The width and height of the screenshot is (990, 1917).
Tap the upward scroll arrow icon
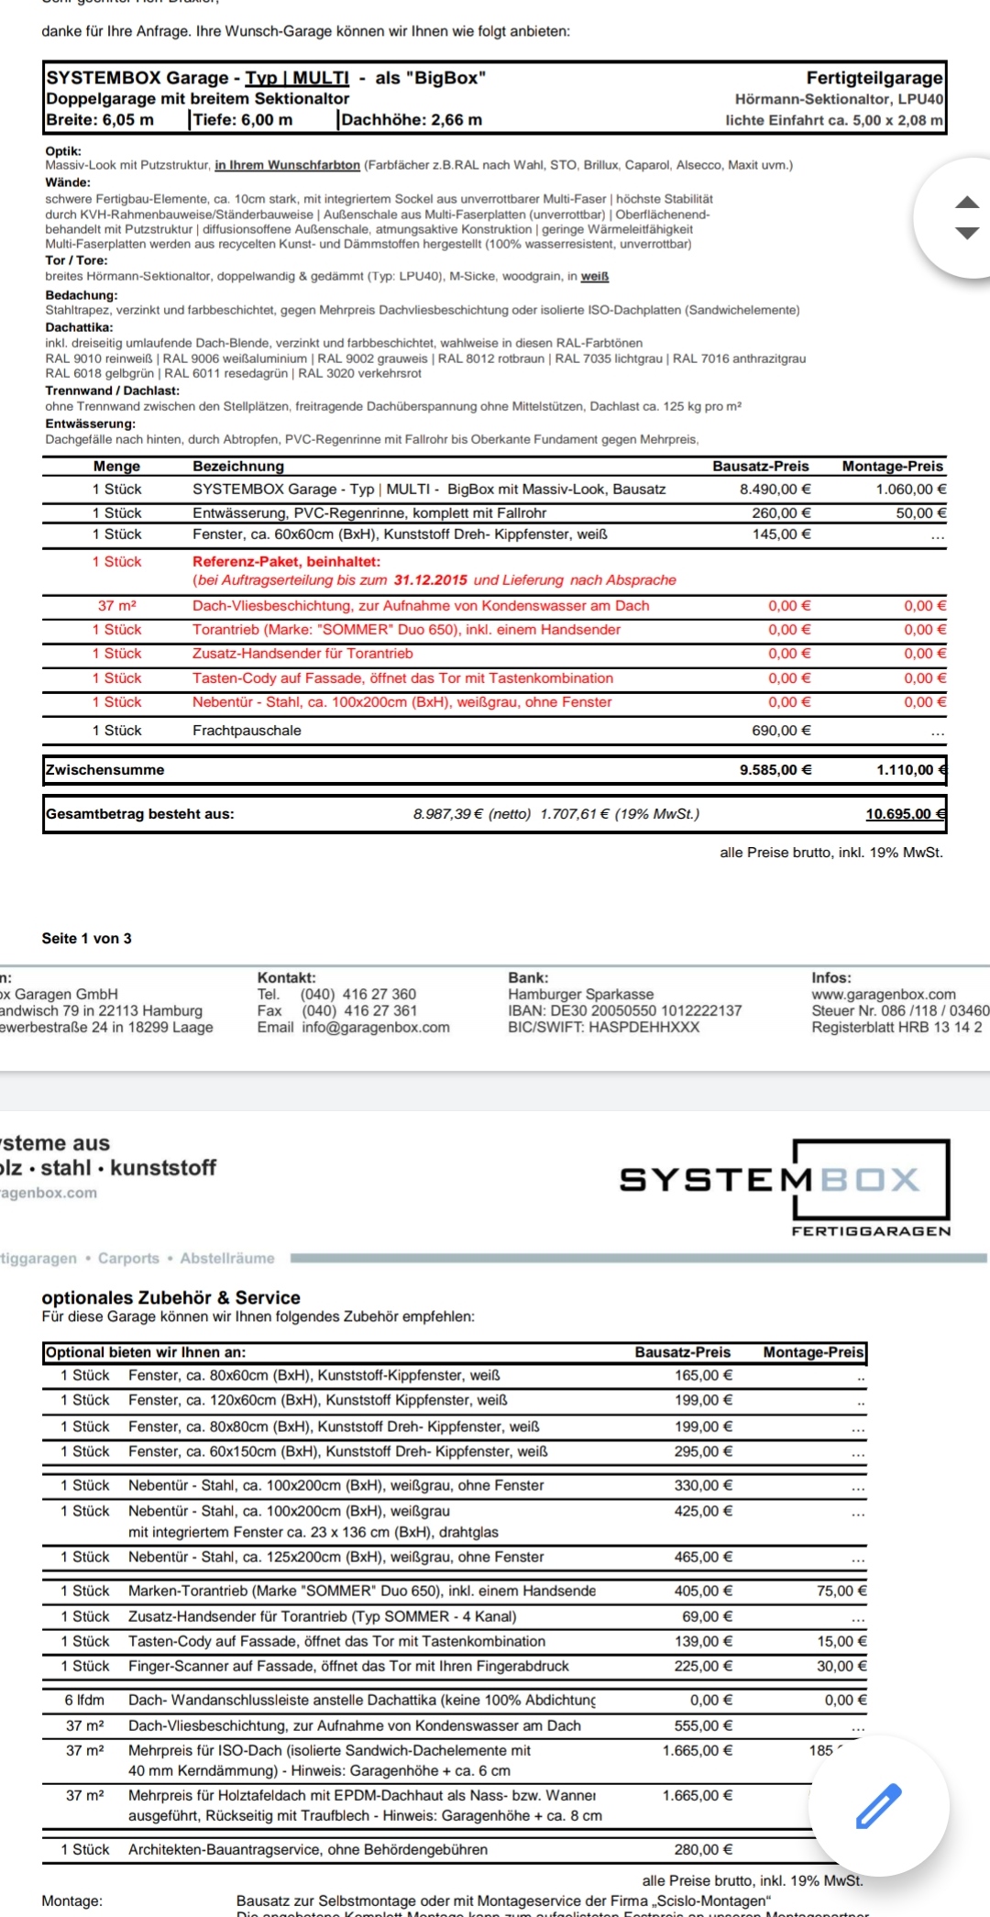(x=967, y=202)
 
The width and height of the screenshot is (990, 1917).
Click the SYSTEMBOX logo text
(x=769, y=1179)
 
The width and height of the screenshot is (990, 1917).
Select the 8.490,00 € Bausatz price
(x=775, y=490)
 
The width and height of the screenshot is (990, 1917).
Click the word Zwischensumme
(x=105, y=770)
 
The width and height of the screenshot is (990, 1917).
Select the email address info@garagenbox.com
(x=376, y=1027)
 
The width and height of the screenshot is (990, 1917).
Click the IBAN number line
(x=624, y=1010)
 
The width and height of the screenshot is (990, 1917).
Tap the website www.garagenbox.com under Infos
(x=883, y=994)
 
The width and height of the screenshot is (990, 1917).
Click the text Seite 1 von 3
(x=86, y=938)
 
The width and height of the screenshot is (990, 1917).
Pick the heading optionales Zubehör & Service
(x=171, y=1297)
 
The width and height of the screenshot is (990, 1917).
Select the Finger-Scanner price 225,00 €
(x=703, y=1666)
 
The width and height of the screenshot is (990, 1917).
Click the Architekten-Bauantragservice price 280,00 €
(x=703, y=1849)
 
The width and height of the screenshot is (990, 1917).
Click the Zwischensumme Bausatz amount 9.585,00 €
(x=775, y=770)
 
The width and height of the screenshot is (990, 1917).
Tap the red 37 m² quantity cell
(x=117, y=606)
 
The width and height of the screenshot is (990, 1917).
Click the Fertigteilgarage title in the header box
(x=874, y=78)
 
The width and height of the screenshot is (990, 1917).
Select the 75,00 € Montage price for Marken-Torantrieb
(x=841, y=1591)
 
